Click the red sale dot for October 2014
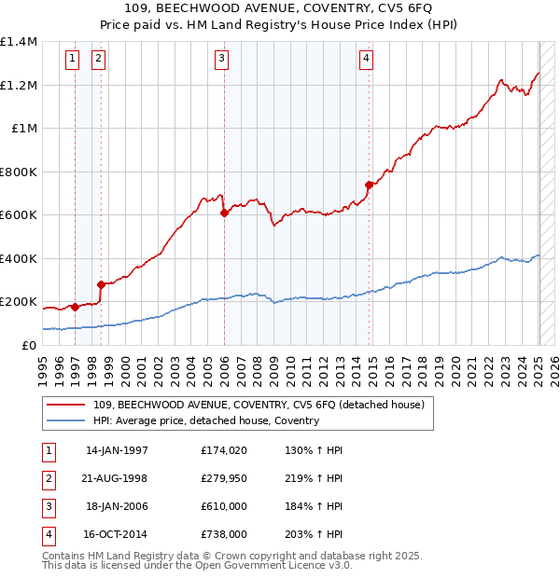coord(370,185)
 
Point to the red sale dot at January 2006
coord(224,213)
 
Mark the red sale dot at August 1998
coord(101,284)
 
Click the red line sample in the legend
coord(67,405)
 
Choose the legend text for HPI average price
coord(206,420)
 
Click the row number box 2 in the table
coord(47,478)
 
